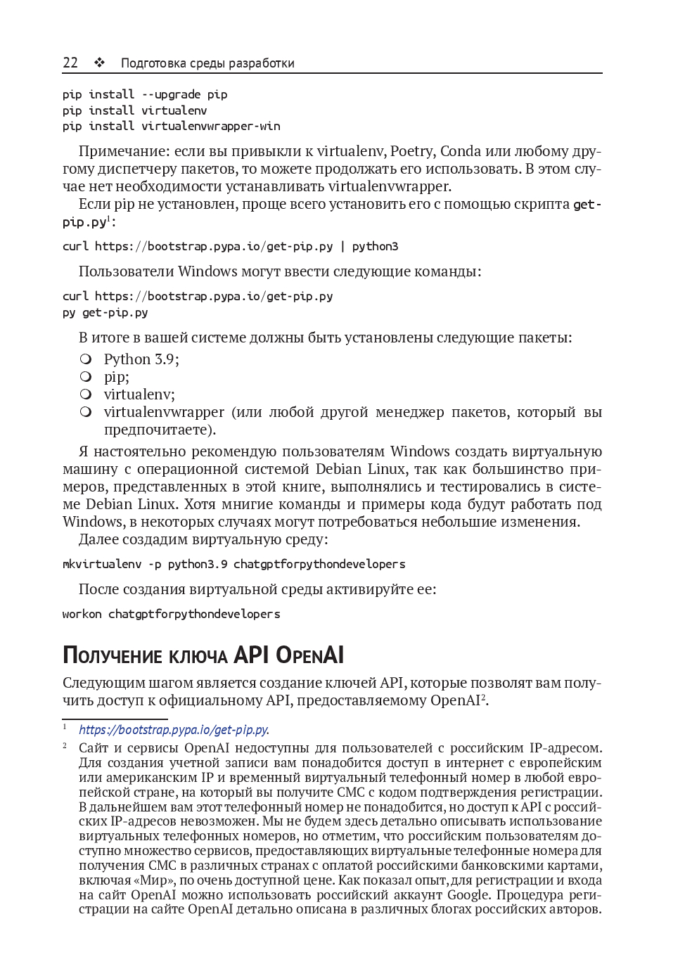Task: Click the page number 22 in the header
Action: pos(70,63)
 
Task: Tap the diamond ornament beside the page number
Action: pos(99,63)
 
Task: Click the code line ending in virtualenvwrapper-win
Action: pos(171,127)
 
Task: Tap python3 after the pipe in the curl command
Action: pos(375,246)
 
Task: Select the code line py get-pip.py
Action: pos(105,312)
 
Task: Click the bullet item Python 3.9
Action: pos(141,359)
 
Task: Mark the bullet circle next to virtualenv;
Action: pos(86,394)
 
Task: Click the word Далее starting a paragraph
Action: pos(98,539)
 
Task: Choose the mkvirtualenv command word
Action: pos(101,564)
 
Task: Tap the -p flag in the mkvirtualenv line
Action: pos(154,564)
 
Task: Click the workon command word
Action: pos(82,614)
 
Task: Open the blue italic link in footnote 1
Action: pos(174,730)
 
